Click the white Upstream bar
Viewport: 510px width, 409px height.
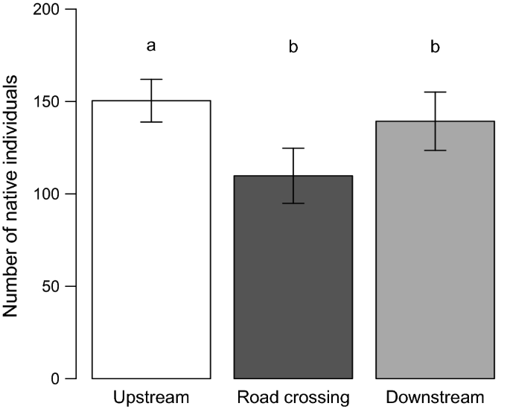(151, 246)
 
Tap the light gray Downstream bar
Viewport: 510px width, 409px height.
(435, 253)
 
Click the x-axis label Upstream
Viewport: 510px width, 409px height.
(151, 397)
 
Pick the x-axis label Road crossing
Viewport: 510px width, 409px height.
(293, 397)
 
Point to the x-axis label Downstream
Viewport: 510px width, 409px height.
(435, 397)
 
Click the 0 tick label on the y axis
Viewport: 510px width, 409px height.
(57, 378)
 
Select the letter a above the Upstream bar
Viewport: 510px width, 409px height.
(151, 47)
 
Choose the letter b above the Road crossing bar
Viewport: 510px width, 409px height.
(293, 47)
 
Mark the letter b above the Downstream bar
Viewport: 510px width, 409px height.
(435, 47)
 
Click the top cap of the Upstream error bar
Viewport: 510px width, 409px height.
(151, 79)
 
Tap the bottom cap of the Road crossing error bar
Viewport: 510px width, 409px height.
(293, 203)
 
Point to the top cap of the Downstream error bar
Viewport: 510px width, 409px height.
(435, 92)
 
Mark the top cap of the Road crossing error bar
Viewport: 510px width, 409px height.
(293, 148)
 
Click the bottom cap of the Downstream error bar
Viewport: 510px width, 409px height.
(435, 150)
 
